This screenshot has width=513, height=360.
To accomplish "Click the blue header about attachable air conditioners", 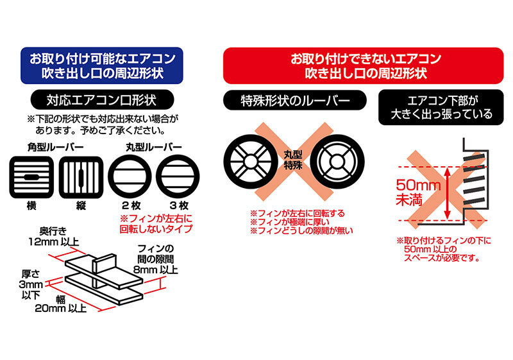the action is pos(102,65).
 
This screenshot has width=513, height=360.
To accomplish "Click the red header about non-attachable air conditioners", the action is pos(363,65).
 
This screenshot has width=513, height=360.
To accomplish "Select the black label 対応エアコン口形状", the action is pos(102,100).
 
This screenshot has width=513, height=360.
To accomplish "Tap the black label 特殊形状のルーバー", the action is pos(294,100).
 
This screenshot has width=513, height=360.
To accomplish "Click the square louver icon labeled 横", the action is pos(31,177).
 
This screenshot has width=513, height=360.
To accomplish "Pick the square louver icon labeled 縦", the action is pos(81,177).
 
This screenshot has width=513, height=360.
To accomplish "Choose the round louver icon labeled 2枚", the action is pos(130,177).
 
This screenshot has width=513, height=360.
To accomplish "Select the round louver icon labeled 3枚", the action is pos(178,177).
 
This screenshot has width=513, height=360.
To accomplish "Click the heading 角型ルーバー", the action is pos(56,148).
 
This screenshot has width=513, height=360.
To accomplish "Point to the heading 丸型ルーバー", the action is pos(154,148).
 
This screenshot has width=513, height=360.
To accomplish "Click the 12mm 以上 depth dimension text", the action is pos(54,242).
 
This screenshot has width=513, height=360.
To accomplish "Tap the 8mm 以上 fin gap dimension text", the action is pos(156,270).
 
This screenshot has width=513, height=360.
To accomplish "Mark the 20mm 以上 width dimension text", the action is pos(60,308).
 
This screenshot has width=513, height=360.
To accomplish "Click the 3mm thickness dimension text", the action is pos(31,284).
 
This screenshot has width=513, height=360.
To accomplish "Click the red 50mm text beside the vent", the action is pos(418,185).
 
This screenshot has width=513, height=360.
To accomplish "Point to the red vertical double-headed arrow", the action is pos(448,193).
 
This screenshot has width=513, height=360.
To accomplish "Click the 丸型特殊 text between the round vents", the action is pos(293,160).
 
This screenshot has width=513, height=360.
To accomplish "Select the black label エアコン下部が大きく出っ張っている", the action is pos(441,107).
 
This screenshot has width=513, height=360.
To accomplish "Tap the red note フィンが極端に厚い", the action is pos(290,222).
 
